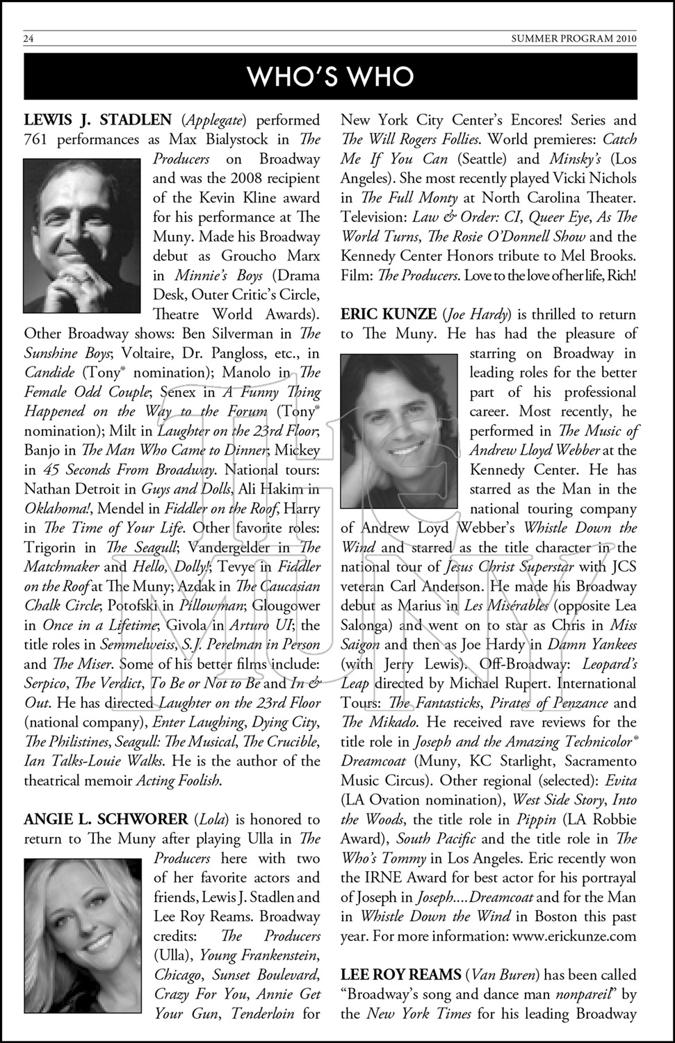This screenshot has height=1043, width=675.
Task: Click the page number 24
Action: (29, 39)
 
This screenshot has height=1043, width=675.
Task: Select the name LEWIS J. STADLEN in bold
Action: (97, 120)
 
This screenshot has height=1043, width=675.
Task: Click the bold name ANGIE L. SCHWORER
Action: (106, 820)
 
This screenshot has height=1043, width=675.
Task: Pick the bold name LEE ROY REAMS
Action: (401, 976)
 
